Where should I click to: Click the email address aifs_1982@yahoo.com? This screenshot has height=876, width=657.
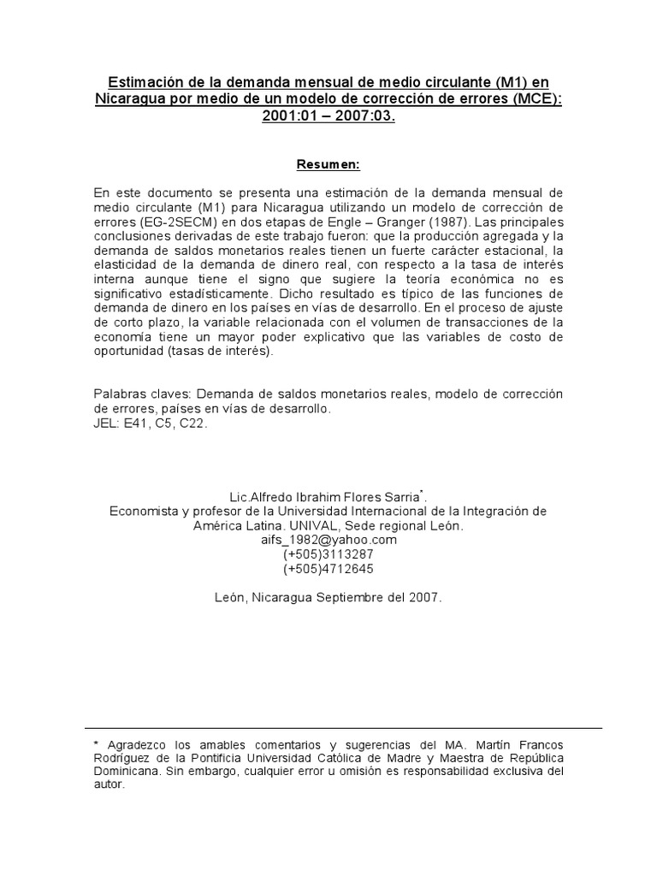(328, 541)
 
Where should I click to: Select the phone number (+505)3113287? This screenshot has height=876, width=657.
(328, 554)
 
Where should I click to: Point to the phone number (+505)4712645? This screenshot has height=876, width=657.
(328, 568)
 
